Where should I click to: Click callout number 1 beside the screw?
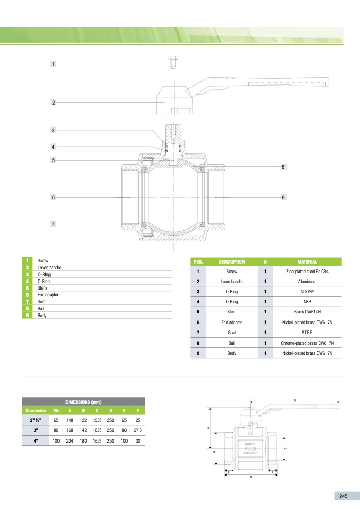53,64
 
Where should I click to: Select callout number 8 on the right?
283,167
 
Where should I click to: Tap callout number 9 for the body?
283,198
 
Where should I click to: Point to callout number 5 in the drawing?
53,160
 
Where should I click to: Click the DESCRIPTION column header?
232,261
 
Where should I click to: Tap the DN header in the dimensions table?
56,410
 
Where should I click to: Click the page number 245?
343,496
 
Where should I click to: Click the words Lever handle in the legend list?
49,267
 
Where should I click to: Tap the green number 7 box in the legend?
26,301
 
